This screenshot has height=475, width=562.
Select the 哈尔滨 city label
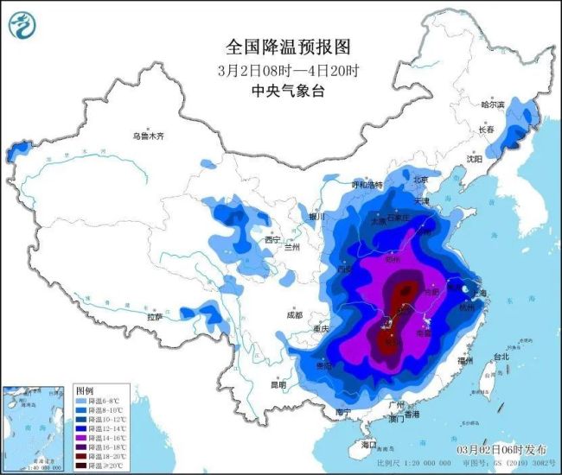[x=492, y=104]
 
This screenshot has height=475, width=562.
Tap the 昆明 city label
[x=277, y=384]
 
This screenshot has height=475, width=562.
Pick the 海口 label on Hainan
[x=369, y=444]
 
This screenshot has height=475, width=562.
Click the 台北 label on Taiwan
[x=501, y=356]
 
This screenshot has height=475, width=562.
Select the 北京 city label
[x=421, y=180]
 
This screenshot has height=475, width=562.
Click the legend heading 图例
[x=83, y=391]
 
